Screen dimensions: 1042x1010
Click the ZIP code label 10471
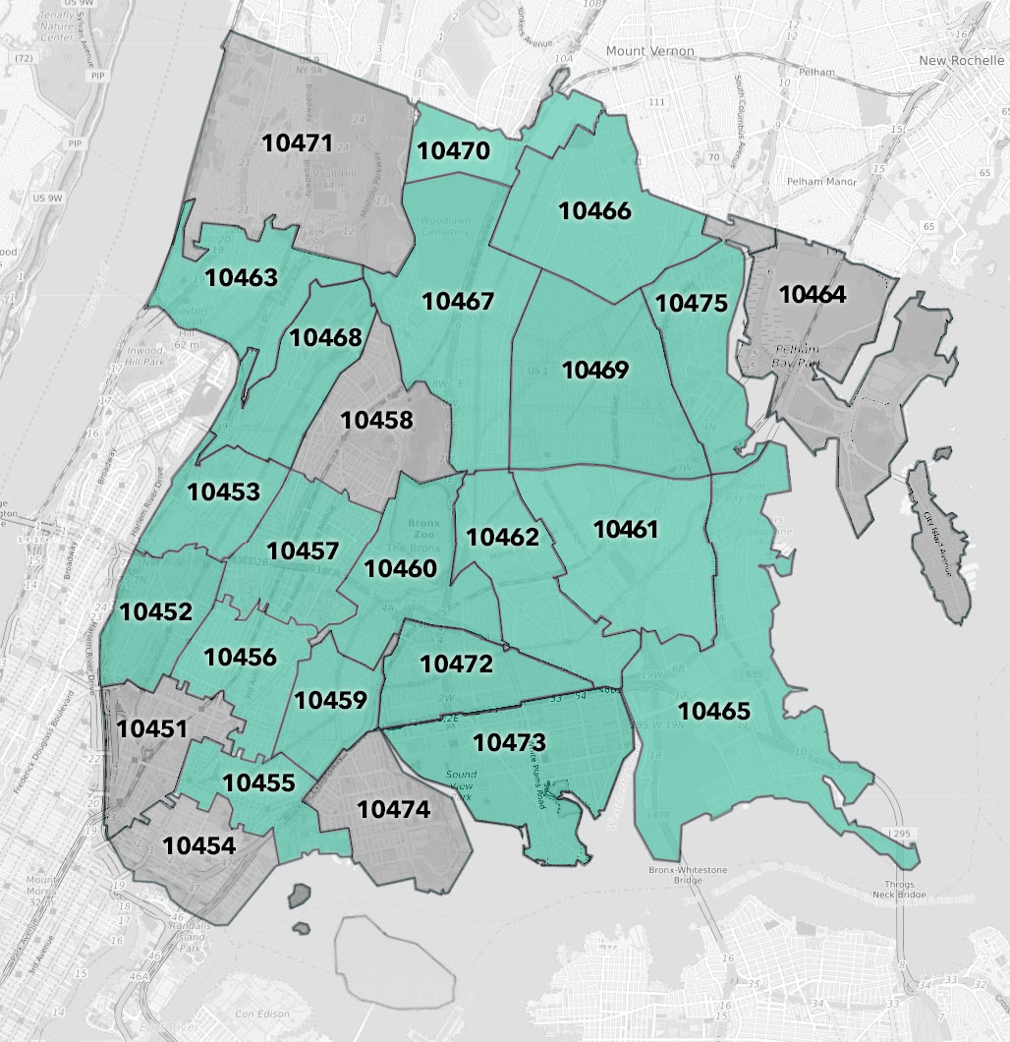click(298, 143)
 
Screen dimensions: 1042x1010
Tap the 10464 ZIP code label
click(814, 293)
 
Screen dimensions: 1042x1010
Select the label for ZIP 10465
click(713, 711)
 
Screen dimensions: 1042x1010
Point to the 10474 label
click(393, 810)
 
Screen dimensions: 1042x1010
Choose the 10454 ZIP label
click(198, 845)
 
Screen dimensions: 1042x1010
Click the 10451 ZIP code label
click(151, 729)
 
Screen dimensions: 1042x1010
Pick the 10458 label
click(377, 420)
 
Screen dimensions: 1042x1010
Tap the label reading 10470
click(453, 151)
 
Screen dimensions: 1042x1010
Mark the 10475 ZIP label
click(692, 303)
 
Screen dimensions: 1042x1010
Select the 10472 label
click(456, 665)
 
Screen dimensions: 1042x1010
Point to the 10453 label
click(224, 492)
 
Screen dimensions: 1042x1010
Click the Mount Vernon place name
click(649, 51)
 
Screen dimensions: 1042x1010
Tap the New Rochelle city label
click(958, 61)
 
